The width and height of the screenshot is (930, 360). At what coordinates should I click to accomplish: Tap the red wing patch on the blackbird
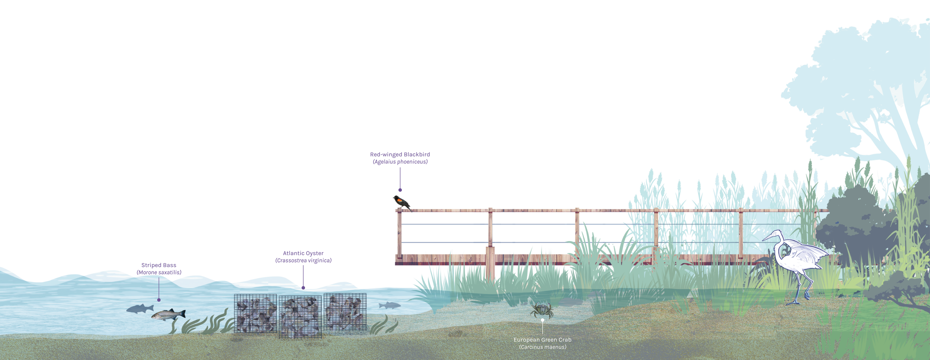(x=400, y=200)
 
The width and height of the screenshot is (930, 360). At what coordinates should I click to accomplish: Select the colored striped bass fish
(x=168, y=315)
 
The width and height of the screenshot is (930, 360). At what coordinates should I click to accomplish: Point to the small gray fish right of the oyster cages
(x=389, y=305)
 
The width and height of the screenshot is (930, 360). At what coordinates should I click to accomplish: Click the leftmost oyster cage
(x=255, y=313)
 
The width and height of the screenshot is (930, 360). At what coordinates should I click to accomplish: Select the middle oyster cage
(x=300, y=317)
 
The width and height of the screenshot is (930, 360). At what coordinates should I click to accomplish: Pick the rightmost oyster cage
(x=345, y=312)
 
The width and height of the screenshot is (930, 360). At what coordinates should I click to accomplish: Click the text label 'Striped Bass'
(x=159, y=265)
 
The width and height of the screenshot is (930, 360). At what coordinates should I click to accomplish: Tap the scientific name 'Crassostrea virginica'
(x=303, y=261)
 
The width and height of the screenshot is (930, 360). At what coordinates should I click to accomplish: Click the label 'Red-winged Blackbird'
(x=400, y=154)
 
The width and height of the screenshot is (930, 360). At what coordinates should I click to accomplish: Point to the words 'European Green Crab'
(x=542, y=340)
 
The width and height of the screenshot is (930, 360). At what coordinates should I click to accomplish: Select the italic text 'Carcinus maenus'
(x=542, y=347)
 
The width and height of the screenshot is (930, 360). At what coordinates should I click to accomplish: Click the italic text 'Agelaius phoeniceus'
(x=400, y=162)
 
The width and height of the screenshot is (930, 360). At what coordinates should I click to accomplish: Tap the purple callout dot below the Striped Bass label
(x=159, y=300)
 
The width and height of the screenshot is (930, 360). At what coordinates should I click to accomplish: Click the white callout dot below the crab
(x=542, y=320)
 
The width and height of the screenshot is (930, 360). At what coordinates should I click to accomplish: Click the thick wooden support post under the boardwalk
(x=490, y=264)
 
